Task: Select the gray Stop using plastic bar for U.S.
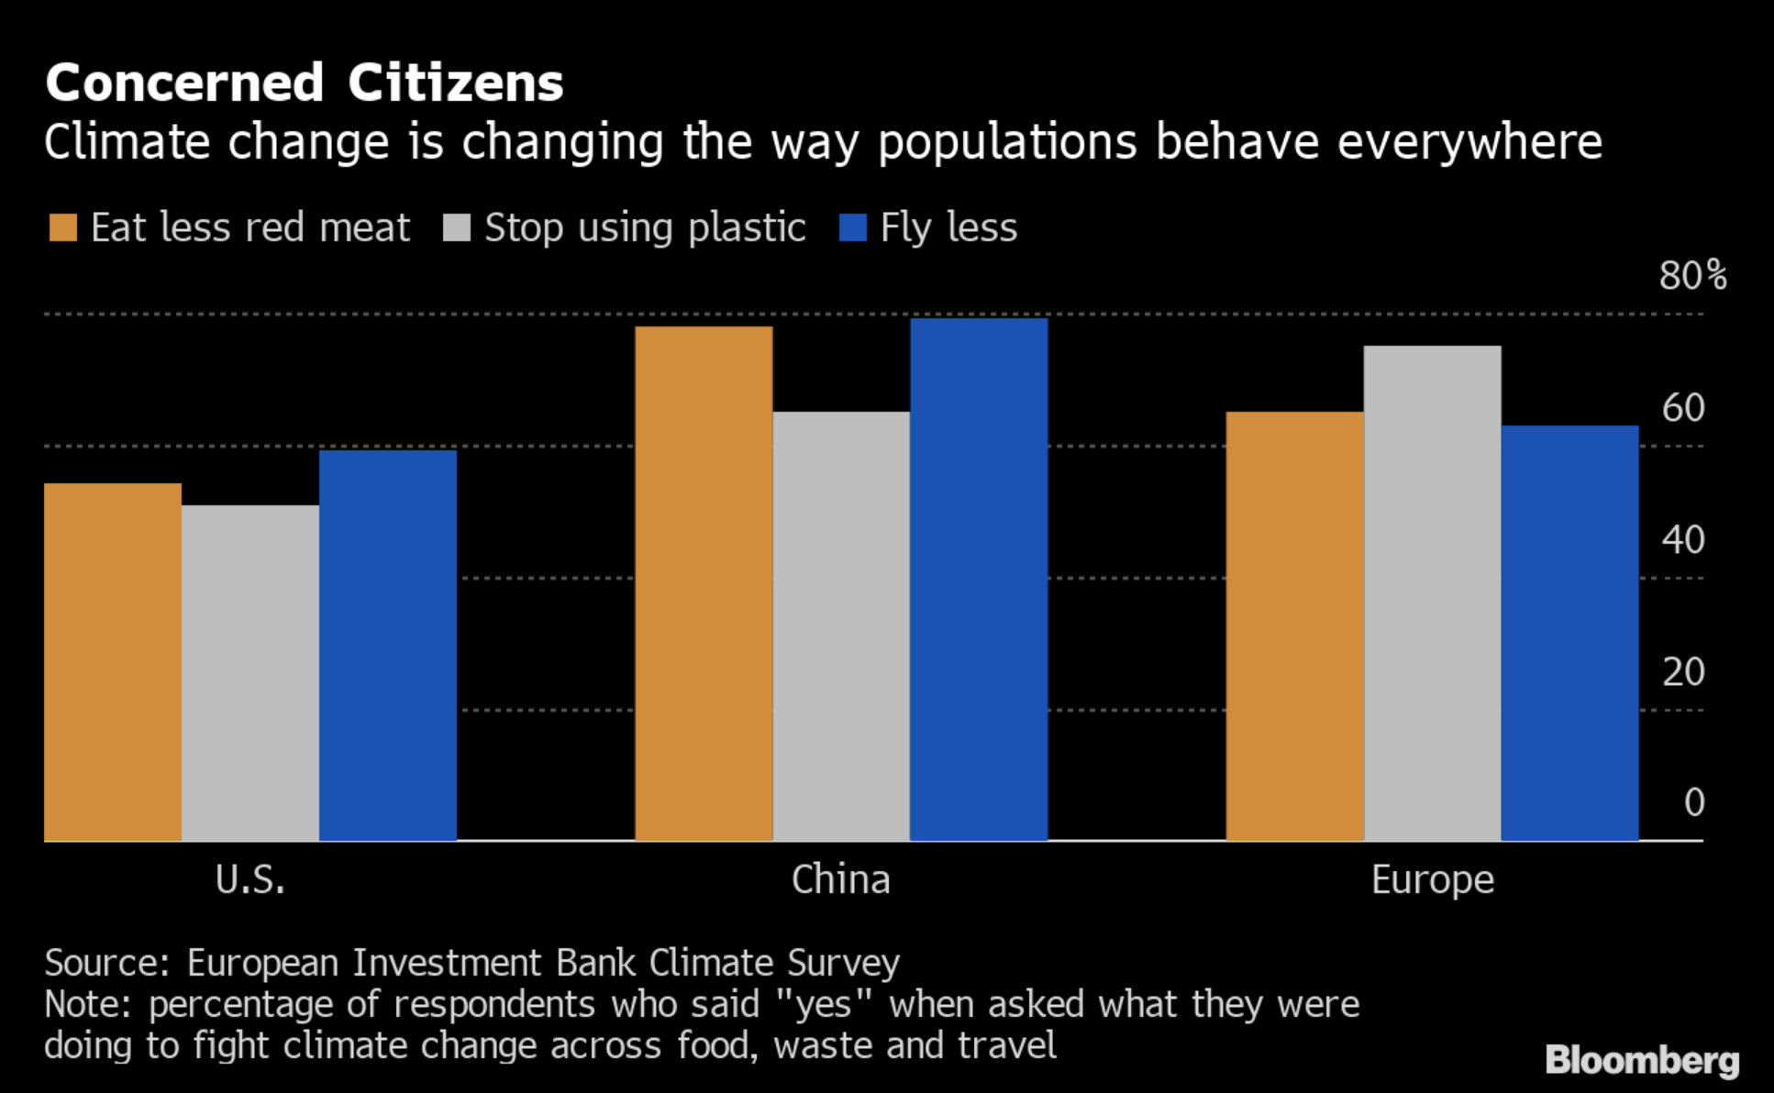coord(250,673)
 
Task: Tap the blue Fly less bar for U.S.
coord(388,646)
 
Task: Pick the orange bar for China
coord(704,583)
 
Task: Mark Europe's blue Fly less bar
coord(1569,633)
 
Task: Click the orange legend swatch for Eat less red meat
coord(63,227)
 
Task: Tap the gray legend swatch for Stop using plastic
coord(457,227)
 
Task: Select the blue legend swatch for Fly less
coord(853,227)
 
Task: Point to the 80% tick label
coord(1692,275)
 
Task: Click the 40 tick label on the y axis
coord(1683,539)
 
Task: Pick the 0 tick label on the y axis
coord(1694,802)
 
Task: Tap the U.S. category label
coord(250,879)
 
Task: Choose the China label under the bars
coord(840,879)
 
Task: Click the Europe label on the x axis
coord(1433,880)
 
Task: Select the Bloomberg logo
coord(1642,1060)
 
